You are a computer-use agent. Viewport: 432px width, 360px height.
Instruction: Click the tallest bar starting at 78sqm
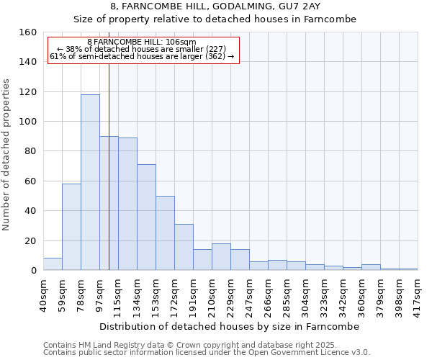pos(90,182)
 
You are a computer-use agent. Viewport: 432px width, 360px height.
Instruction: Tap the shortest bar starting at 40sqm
pos(53,264)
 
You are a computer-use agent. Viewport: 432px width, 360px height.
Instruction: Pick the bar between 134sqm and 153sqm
pos(146,217)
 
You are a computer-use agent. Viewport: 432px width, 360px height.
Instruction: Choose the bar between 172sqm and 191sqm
pos(184,247)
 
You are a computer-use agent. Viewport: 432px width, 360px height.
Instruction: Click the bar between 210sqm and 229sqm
pos(221,257)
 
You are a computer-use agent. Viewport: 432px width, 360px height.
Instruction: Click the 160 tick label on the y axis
pos(28,32)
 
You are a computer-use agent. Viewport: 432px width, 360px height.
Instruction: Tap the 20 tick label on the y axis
pos(31,240)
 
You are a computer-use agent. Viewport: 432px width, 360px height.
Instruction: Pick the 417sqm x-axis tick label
pos(418,294)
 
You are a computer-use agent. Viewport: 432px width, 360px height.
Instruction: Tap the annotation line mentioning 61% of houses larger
pos(142,56)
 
